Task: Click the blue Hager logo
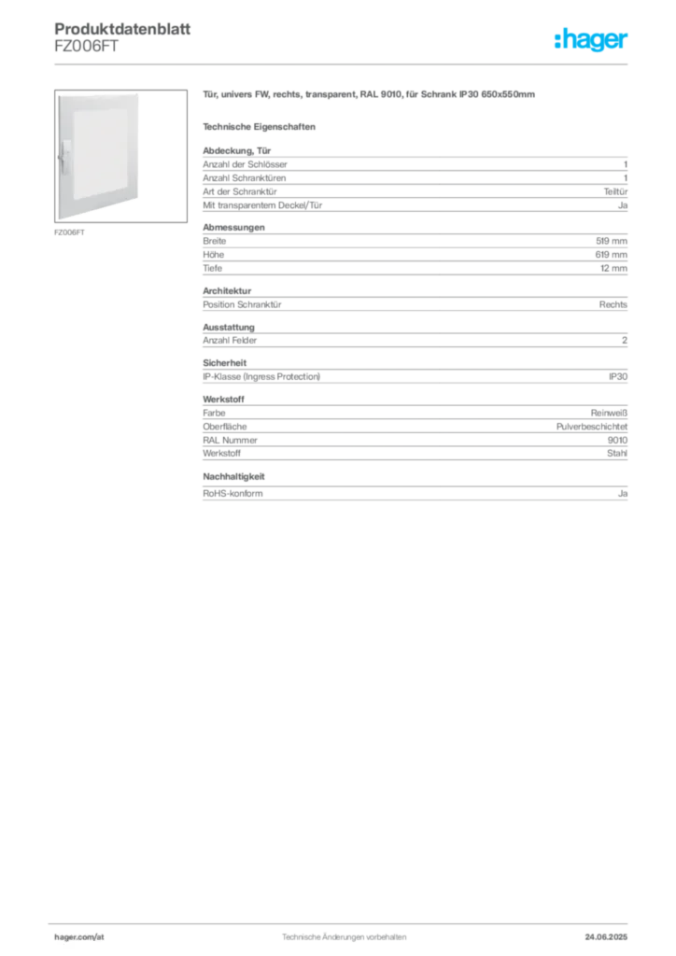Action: [x=593, y=40]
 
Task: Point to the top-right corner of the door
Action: [x=141, y=91]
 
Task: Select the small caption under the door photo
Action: [x=70, y=232]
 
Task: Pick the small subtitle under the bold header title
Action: [x=86, y=53]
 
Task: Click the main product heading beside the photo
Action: [x=370, y=95]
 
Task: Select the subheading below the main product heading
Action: [x=262, y=124]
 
